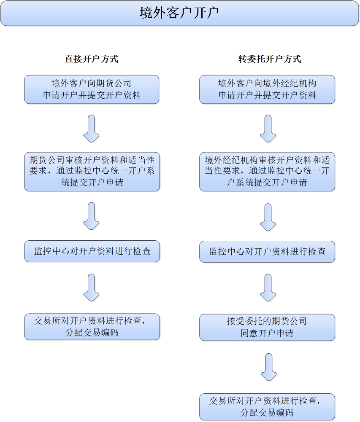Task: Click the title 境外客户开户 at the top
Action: coord(179,13)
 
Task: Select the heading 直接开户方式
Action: coord(91,59)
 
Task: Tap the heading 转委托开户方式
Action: coord(269,59)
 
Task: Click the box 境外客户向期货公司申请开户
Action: coord(92,89)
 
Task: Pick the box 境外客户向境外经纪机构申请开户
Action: coord(267,89)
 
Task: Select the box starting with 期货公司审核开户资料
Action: coord(92,172)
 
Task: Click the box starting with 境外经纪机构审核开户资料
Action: coord(267,172)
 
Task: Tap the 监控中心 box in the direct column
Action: coord(92,251)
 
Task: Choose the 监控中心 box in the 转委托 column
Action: coord(267,252)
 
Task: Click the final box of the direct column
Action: coord(92,326)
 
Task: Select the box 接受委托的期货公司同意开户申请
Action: coord(267,327)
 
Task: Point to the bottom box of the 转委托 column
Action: coord(267,407)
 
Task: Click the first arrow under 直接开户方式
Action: coord(91,129)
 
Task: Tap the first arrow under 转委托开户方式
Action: coord(268,129)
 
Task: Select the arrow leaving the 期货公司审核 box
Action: coord(91,216)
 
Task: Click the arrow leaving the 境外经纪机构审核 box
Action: coord(268,217)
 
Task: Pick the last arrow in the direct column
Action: coord(91,288)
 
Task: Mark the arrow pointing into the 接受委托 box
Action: coord(268,288)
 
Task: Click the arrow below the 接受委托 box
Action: coord(269,367)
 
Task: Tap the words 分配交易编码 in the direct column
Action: coord(92,332)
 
